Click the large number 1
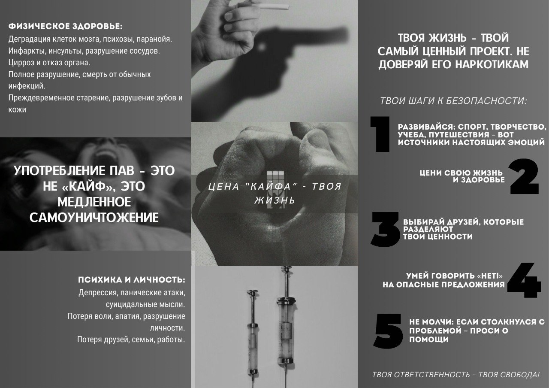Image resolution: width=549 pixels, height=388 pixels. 380,134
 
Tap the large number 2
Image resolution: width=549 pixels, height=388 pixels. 524,176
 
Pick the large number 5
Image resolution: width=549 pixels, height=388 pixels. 388,331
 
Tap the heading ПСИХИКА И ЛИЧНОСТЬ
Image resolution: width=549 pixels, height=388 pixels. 131,280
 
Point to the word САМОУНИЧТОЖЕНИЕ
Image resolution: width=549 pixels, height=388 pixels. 94,218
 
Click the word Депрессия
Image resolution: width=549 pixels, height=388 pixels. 97,293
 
